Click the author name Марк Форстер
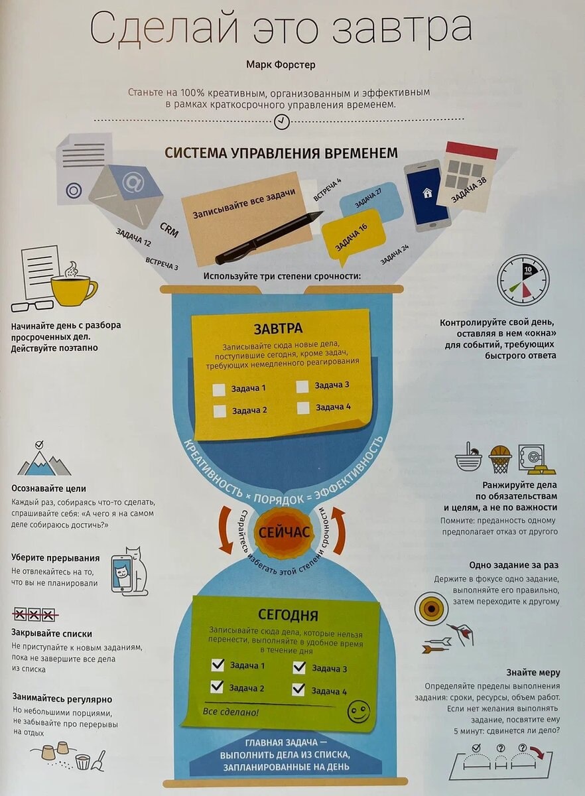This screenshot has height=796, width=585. point(282,65)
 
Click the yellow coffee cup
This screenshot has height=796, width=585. point(72,290)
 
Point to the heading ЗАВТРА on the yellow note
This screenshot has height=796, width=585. point(278,328)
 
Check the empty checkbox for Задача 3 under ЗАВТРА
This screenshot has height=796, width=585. point(302,386)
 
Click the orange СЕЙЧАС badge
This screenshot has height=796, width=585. point(284,533)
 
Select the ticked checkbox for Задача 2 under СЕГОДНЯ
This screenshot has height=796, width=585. point(217,687)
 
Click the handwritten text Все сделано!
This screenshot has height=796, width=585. point(231,712)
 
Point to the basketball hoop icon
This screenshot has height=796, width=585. point(500,458)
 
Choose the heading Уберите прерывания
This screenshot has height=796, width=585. point(55,558)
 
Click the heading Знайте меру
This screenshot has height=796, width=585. point(533,672)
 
